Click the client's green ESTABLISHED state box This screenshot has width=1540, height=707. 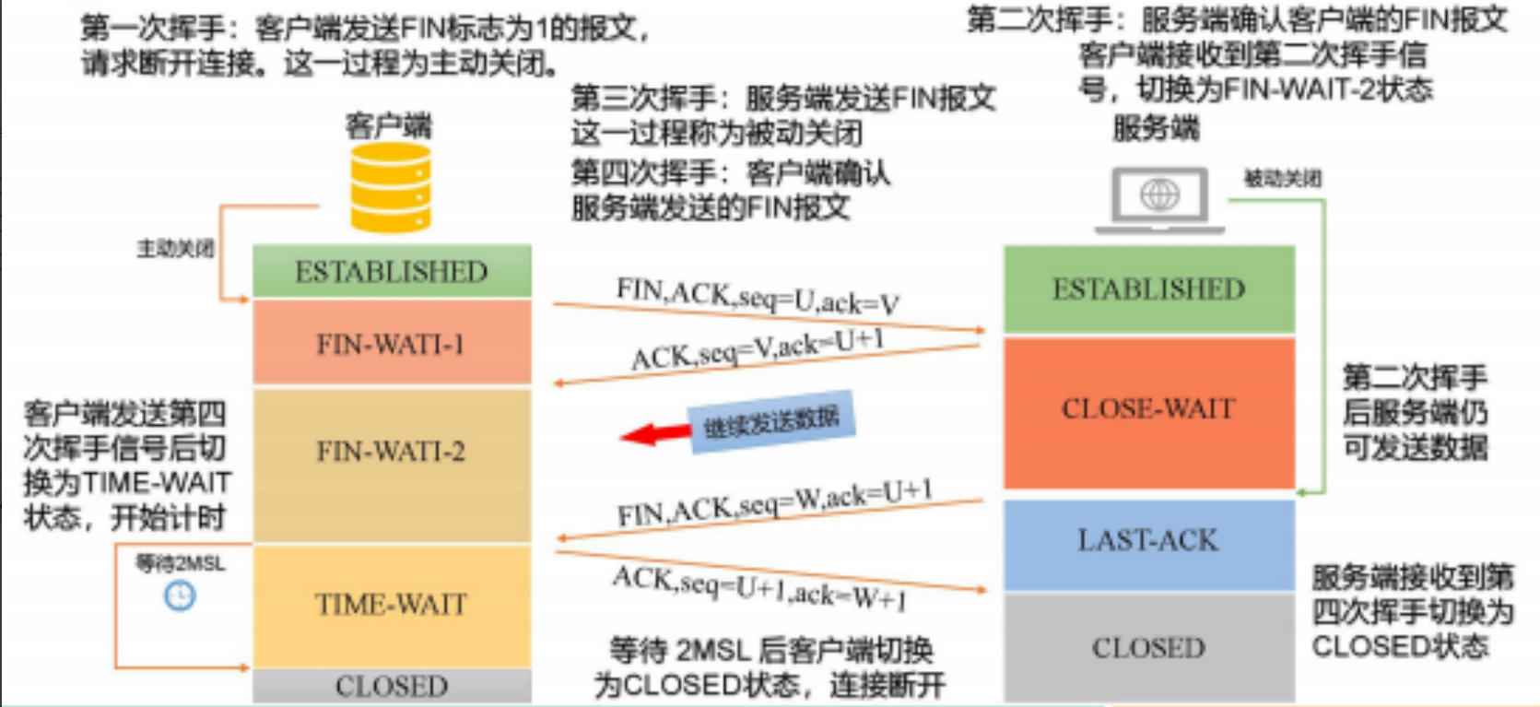[392, 272]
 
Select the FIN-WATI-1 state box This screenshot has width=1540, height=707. [392, 344]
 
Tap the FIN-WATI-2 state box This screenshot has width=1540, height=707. [392, 452]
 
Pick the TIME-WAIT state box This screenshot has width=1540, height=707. [392, 605]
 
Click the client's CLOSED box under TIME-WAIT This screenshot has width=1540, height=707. [392, 687]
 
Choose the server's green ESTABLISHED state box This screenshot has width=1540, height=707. [1148, 289]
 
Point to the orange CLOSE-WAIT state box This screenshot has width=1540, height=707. [1148, 409]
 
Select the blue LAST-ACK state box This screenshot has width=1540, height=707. [1148, 540]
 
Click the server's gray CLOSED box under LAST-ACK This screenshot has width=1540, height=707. [1148, 648]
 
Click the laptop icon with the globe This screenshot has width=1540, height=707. [1159, 197]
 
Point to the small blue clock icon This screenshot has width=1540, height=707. [180, 596]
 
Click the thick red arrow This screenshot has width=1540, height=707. [653, 433]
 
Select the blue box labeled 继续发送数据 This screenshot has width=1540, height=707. [772, 423]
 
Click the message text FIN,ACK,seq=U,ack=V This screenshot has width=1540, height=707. [758, 296]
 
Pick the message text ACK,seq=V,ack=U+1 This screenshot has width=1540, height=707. [758, 350]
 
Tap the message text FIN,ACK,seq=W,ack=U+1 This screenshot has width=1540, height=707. [774, 503]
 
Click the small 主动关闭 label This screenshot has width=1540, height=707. [175, 249]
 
